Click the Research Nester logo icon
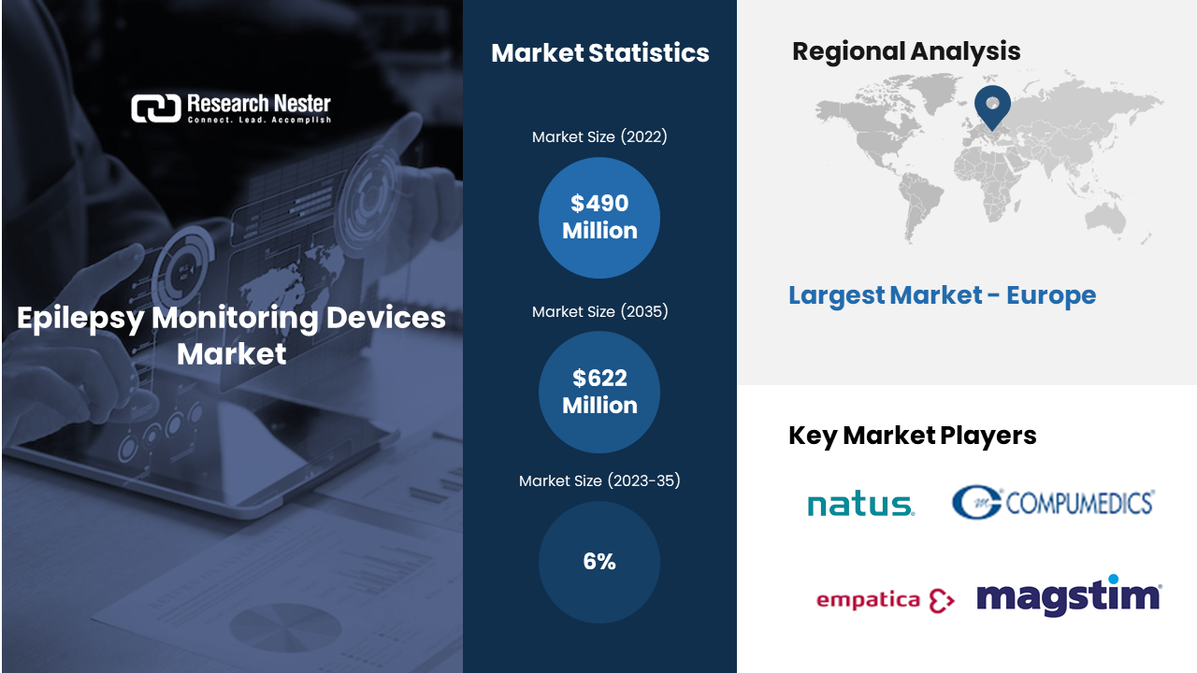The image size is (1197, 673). (156, 108)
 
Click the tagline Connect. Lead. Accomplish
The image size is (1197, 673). (259, 120)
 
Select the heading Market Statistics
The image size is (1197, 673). (600, 53)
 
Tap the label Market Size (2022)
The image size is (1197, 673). (599, 136)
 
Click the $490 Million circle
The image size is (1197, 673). (599, 218)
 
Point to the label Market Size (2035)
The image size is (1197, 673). (599, 311)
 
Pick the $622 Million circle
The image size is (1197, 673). (599, 392)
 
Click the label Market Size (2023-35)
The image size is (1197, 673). (599, 480)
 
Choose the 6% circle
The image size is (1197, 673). (599, 562)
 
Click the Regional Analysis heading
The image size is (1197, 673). (906, 51)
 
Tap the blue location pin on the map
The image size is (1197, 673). (992, 107)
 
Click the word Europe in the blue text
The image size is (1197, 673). (1051, 294)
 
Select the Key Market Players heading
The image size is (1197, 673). (912, 436)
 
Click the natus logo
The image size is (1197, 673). (861, 504)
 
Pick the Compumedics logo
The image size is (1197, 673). (1053, 502)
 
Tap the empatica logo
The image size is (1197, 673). (886, 600)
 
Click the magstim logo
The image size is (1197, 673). (1069, 595)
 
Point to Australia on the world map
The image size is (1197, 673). (1105, 219)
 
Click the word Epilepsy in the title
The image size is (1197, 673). (80, 319)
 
